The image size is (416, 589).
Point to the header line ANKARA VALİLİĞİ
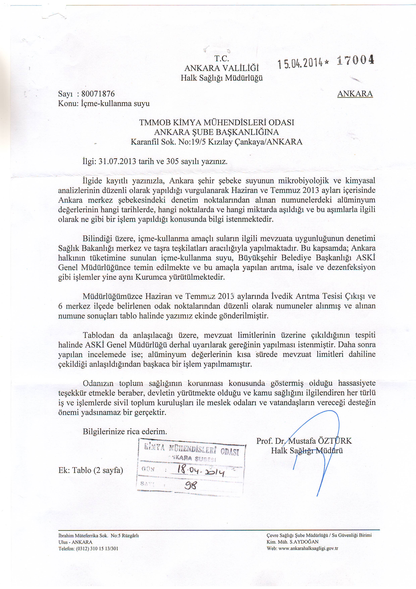[x=222, y=68]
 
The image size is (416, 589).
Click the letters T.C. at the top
[x=222, y=59]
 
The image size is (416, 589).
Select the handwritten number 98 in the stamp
[x=190, y=485]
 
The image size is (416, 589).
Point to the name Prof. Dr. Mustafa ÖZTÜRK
[x=304, y=441]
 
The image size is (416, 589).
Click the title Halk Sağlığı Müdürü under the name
[x=307, y=451]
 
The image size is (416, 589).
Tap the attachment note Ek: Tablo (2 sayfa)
[x=91, y=470]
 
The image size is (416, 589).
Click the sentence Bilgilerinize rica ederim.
[x=125, y=431]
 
